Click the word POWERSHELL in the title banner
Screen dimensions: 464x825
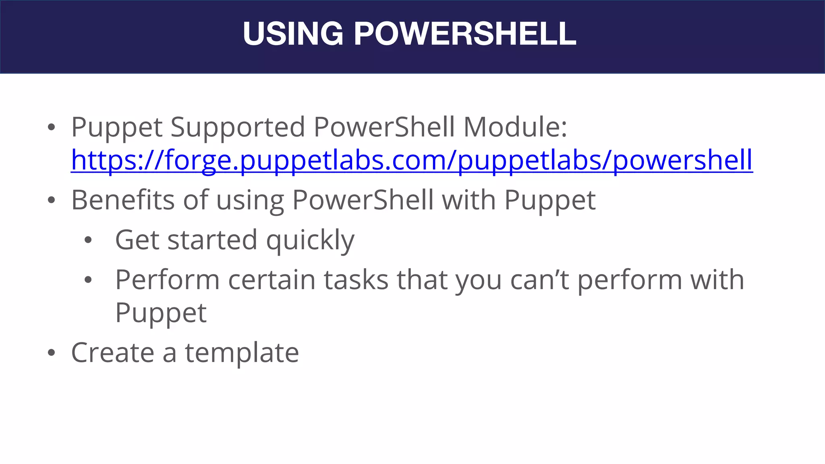point(465,34)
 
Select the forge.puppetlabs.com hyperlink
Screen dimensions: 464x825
point(412,160)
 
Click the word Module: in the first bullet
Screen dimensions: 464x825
point(515,127)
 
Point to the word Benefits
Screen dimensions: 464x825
point(123,200)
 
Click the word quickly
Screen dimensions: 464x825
point(310,240)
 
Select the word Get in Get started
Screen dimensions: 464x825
point(137,240)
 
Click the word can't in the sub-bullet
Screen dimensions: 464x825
point(539,280)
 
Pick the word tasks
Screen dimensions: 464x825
point(356,280)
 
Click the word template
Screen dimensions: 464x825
point(242,353)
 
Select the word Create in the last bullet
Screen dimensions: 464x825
point(113,353)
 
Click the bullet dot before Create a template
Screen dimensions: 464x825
point(51,353)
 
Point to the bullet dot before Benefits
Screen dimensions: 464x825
point(51,201)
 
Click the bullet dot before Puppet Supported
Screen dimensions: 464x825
point(51,128)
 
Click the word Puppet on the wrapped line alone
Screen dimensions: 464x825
point(161,313)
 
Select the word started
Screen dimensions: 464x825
point(212,240)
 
